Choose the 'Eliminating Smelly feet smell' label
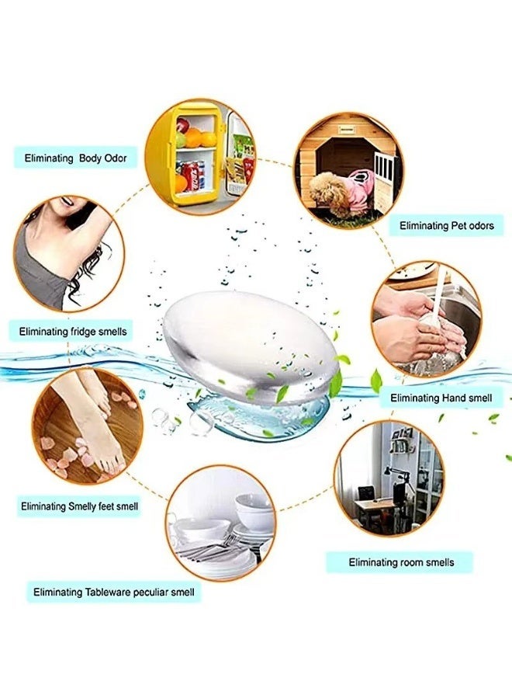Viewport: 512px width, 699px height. click(80, 506)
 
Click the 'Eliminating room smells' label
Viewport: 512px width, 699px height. click(400, 562)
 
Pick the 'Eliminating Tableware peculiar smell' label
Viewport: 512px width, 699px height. click(114, 593)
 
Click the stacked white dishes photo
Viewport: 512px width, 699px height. click(220, 527)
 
